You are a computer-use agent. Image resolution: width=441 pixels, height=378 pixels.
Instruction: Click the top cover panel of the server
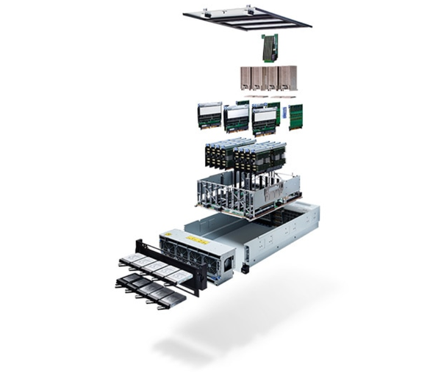(247, 17)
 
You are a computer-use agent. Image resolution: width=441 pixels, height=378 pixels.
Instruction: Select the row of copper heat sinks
(268, 79)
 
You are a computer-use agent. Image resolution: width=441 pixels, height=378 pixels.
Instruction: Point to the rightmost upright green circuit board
(295, 116)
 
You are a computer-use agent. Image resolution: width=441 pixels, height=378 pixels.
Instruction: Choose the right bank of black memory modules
(258, 156)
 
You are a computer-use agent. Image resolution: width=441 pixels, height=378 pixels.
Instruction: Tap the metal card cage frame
(243, 195)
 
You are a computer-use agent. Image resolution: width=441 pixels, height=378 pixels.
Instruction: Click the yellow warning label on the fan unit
(196, 240)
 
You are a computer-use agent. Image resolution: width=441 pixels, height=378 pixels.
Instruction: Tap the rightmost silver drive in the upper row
(172, 272)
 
